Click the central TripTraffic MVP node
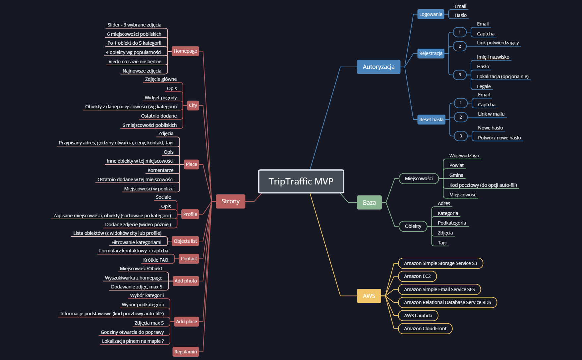tap(301, 181)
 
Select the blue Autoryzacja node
tap(378, 67)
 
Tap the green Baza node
tap(369, 203)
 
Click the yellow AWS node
tap(369, 296)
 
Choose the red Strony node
tap(230, 201)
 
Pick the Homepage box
tap(185, 51)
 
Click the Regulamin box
tap(186, 352)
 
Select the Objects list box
tap(185, 241)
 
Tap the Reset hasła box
tap(431, 120)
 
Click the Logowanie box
tap(431, 14)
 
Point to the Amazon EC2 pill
tap(417, 276)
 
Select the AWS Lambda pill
tap(418, 316)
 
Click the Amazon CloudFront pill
tap(425, 329)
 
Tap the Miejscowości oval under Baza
tap(419, 179)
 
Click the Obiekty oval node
tap(413, 226)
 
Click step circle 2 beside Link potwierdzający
tap(460, 46)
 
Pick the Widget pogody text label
tap(161, 98)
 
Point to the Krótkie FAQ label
tap(156, 260)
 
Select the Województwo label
tap(464, 156)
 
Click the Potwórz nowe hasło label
tap(499, 138)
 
